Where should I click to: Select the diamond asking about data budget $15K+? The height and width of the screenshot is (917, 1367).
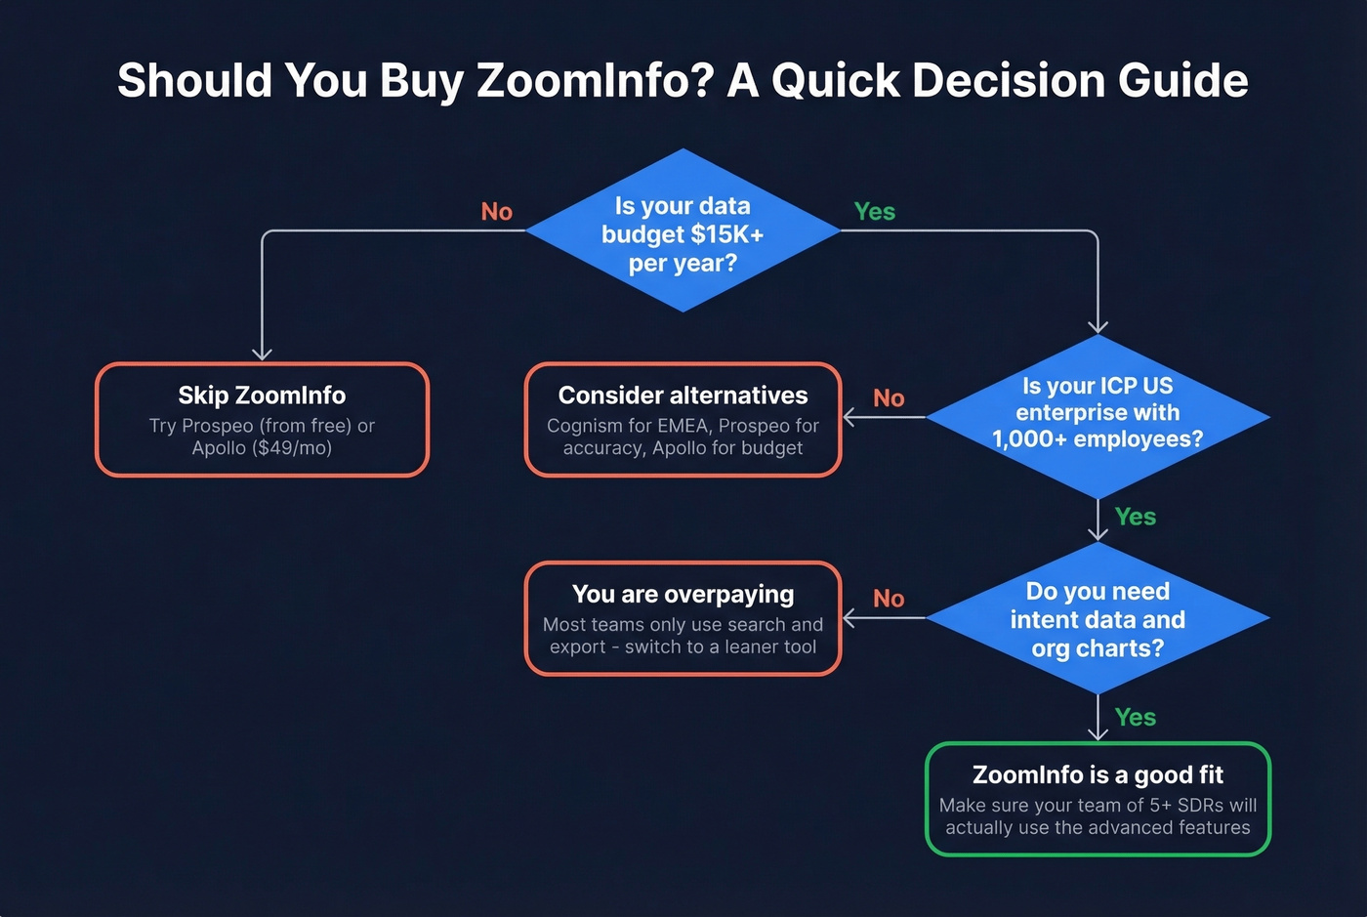tap(683, 232)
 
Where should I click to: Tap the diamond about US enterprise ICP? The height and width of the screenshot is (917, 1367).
tap(1098, 414)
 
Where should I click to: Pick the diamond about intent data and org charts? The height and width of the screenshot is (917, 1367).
tap(1098, 619)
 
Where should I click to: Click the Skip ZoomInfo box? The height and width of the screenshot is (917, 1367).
tap(262, 420)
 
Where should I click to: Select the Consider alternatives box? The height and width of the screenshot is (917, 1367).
tap(683, 420)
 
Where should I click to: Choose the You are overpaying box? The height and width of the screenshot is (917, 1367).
tap(683, 619)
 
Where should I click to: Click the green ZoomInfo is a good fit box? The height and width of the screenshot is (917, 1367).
tap(1098, 800)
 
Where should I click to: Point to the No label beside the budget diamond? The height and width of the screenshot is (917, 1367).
tap(496, 212)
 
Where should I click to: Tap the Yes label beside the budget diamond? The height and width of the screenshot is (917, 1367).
tap(874, 212)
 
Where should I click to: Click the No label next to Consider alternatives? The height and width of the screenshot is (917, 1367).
tap(889, 398)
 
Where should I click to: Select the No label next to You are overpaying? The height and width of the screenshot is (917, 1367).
tap(889, 599)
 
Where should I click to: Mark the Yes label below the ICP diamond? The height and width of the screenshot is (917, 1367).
tap(1135, 517)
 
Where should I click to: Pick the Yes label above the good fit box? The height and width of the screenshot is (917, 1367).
tap(1135, 718)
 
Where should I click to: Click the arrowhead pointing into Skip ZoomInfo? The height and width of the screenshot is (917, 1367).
tap(262, 354)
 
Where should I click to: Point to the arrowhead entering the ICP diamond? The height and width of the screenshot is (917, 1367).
tap(1098, 327)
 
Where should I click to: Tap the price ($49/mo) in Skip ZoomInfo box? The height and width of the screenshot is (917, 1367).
tap(290, 448)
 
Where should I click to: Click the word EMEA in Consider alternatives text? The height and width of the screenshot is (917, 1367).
tap(683, 426)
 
